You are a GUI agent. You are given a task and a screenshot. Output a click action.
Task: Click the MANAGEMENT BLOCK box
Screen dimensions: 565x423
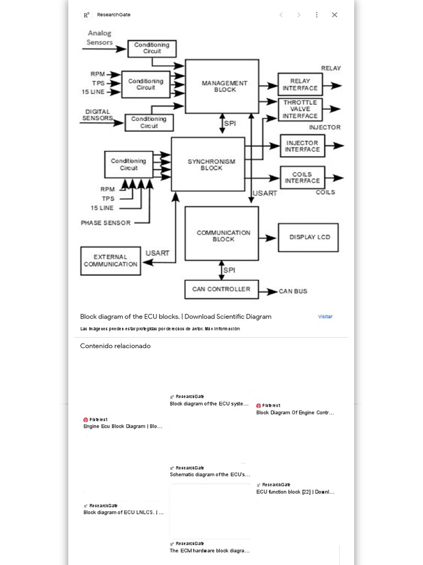(222, 87)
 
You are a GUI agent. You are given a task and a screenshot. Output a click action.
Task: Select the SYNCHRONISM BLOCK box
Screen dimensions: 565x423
(208, 164)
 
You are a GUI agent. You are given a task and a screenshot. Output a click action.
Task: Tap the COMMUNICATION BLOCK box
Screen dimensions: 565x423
(221, 233)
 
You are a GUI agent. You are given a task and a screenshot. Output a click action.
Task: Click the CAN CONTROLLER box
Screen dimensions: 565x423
(221, 289)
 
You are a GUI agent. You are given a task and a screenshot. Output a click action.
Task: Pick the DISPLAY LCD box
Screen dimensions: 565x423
(308, 237)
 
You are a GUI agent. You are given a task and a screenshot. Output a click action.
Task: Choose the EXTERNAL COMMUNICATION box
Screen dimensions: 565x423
(111, 261)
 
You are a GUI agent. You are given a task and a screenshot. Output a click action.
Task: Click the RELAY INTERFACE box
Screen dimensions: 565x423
(300, 84)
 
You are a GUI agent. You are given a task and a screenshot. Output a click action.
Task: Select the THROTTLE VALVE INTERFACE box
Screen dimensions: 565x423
(300, 109)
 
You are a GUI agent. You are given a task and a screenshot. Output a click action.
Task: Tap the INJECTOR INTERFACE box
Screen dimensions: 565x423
(302, 146)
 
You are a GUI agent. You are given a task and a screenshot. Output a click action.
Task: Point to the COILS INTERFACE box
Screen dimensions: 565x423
(302, 178)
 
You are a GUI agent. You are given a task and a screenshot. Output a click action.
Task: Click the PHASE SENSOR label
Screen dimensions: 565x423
(106, 223)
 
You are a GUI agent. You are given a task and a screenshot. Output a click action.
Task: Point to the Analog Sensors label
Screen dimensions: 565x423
(99, 38)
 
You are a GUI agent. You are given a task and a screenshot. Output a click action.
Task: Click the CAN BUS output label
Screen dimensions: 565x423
(292, 291)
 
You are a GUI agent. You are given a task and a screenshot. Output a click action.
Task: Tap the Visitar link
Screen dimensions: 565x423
(325, 317)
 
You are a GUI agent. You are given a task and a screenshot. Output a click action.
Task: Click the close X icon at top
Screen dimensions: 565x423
(334, 15)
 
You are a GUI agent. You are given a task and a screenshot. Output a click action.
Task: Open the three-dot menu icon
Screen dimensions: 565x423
(317, 15)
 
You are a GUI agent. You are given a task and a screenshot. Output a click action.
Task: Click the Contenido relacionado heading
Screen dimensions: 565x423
(115, 346)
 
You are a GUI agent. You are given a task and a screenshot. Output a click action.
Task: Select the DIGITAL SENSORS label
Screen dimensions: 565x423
(97, 115)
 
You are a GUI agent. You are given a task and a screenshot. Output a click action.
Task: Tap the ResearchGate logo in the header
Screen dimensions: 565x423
(86, 15)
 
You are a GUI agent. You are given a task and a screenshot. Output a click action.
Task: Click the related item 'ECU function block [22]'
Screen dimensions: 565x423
(295, 492)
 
